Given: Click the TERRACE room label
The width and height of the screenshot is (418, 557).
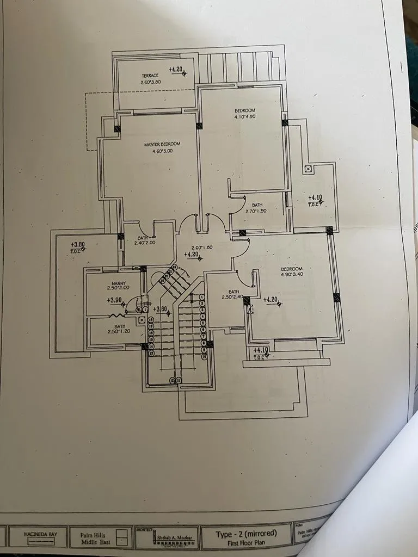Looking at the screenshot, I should (150, 75).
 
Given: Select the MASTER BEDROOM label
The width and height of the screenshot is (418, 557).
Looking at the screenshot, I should (162, 144).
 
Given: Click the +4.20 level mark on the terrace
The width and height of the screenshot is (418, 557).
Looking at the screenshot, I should (175, 70).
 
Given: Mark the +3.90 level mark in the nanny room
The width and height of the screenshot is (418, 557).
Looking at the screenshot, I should (114, 300).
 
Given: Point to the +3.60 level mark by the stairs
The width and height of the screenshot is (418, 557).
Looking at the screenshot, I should (159, 310).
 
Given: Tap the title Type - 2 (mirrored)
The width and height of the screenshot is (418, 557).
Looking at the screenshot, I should (247, 533).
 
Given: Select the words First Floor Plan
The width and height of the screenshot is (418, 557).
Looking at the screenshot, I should (247, 542).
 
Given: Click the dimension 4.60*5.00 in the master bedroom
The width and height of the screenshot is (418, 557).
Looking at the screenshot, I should (162, 151).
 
